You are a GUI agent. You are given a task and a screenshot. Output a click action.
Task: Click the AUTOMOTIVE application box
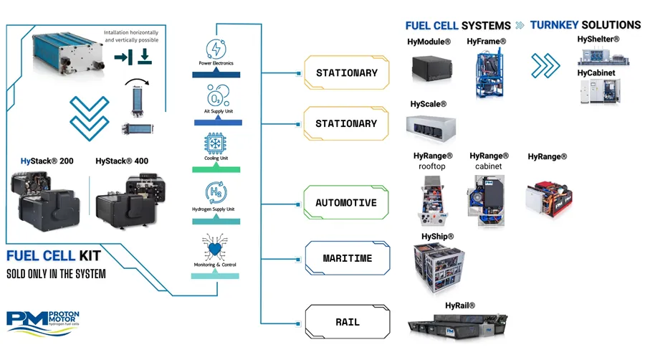(346, 203)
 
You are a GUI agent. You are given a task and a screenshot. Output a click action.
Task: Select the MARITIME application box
(346, 257)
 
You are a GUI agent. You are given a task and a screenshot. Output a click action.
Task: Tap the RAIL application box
(346, 322)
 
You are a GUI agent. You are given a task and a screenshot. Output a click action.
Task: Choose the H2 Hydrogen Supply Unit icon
(216, 192)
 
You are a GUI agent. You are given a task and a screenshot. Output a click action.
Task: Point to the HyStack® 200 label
(47, 161)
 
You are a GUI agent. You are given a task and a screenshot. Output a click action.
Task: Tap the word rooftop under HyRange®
(432, 166)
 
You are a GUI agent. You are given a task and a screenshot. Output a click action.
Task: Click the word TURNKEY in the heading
(558, 25)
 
